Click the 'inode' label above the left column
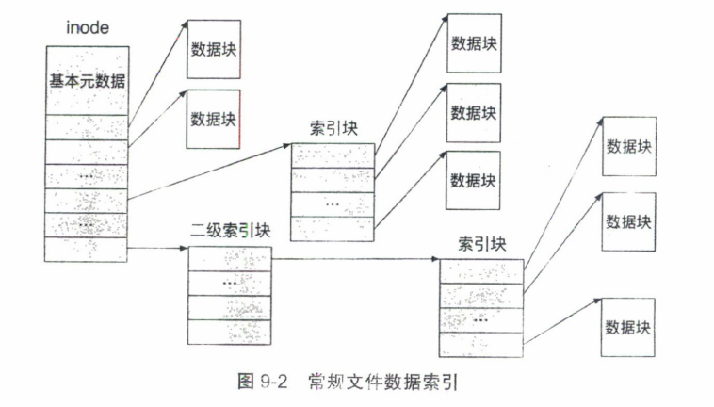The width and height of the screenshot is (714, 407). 87,27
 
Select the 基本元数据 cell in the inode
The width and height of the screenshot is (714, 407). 87,80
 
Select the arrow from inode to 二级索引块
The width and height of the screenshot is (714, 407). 156,249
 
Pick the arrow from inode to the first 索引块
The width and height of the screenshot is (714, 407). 208,171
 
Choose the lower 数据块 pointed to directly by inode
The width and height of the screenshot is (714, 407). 212,120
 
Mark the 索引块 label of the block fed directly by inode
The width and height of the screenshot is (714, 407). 331,128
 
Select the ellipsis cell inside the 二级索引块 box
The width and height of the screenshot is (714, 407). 230,283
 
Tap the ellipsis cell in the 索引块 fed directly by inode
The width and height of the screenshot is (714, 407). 333,203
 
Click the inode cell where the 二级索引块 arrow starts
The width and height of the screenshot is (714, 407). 86,249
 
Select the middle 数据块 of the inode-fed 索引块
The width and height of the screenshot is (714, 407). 474,112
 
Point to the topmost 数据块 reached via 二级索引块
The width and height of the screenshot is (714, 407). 628,146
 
